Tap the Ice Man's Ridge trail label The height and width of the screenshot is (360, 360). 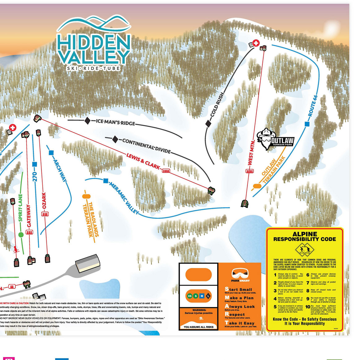pos(115,122)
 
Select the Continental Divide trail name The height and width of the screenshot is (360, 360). pos(146,146)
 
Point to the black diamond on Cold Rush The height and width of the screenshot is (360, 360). pos(208,124)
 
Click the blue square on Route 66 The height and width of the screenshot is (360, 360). pos(307,124)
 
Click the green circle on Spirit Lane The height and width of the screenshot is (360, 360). pos(21,235)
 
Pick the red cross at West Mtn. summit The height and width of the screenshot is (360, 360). pos(256,43)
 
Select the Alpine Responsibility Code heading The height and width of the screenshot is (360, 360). pos(305,237)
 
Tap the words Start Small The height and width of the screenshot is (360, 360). pos(238,289)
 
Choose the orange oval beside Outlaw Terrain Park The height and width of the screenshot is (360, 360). pos(257,186)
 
